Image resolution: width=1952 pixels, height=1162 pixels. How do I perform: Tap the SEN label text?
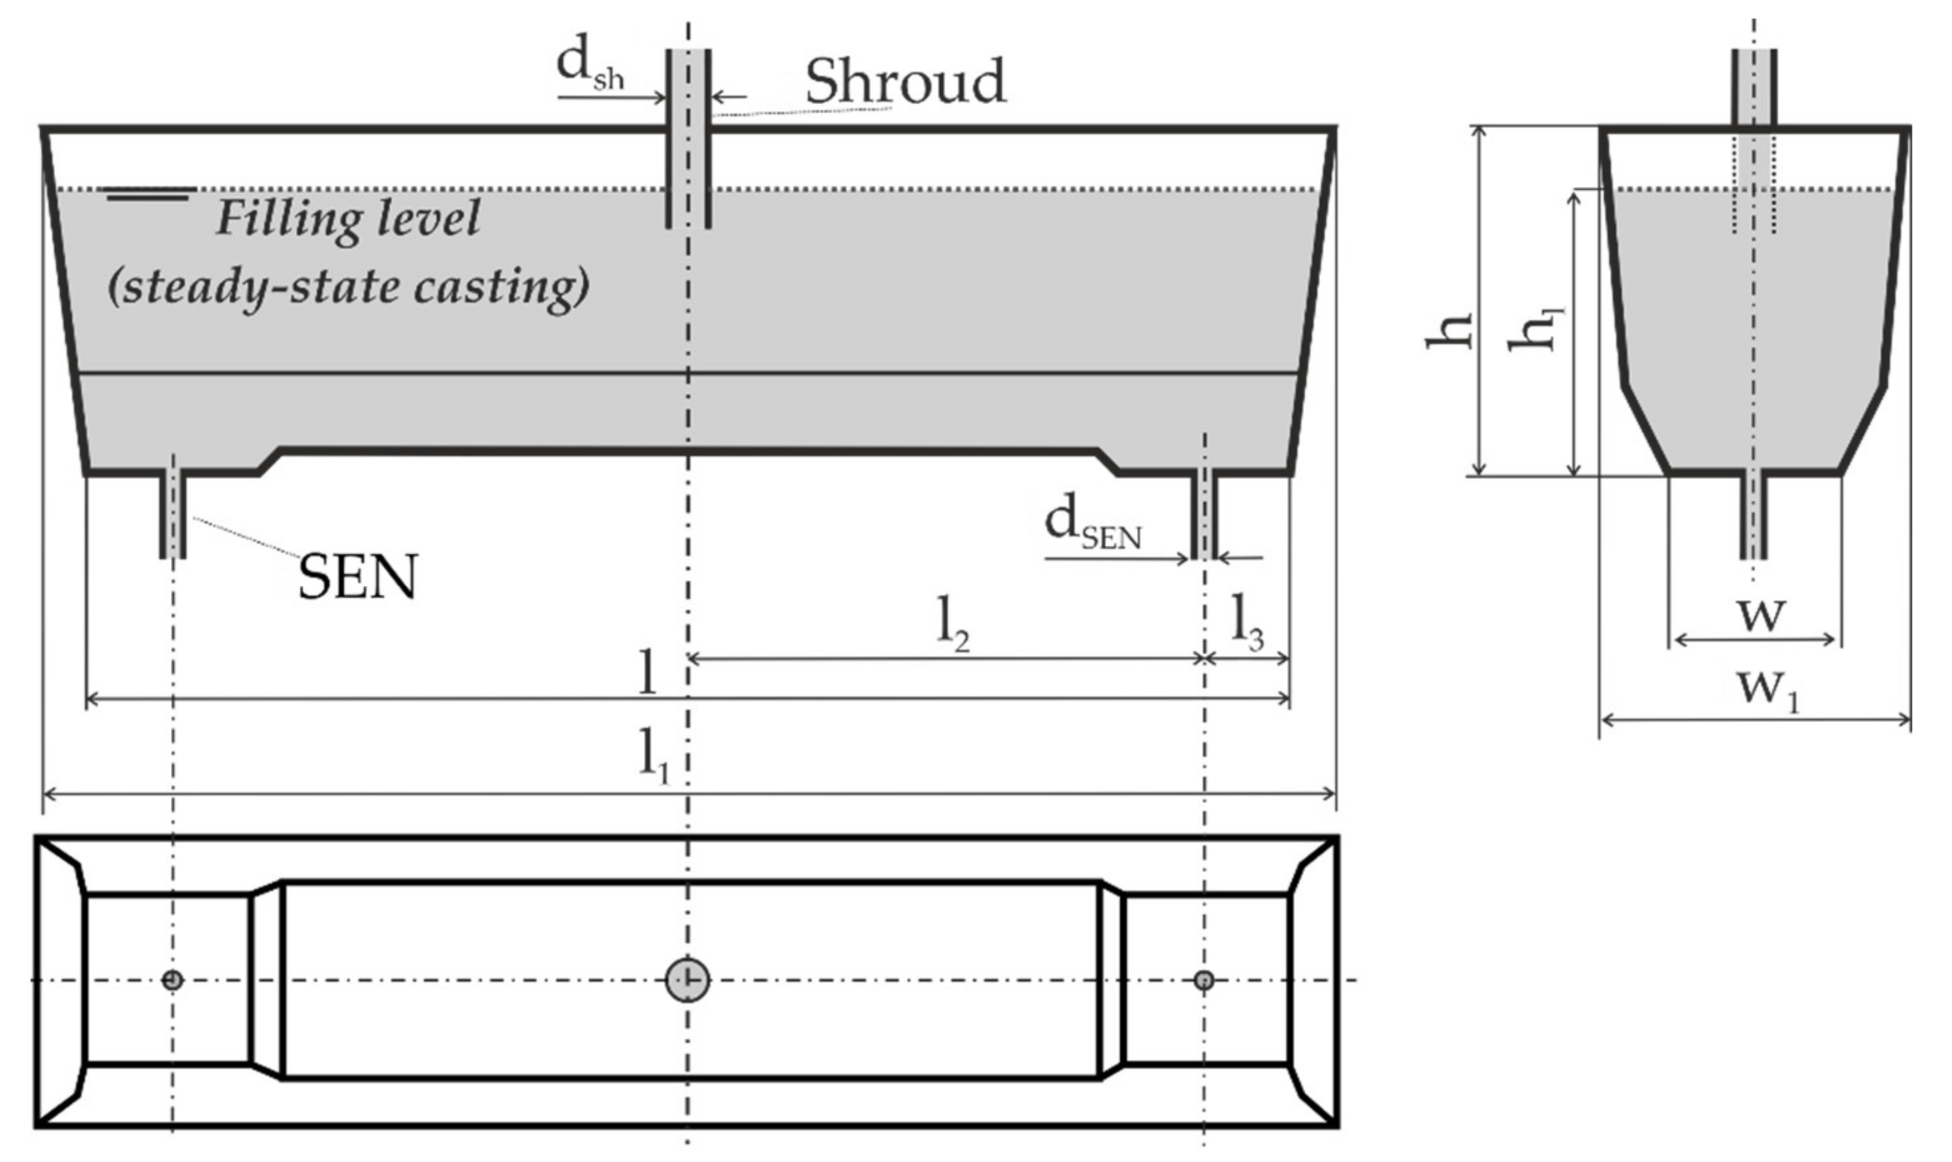click(x=358, y=578)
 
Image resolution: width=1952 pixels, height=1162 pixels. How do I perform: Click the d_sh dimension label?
click(x=589, y=66)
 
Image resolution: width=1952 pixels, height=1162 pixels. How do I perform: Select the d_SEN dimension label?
click(x=1092, y=525)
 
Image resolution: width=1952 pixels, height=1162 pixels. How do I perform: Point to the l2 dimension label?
click(x=952, y=627)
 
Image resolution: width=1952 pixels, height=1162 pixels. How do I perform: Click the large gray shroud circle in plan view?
click(x=688, y=979)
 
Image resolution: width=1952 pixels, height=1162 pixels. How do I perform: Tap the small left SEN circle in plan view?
click(x=172, y=979)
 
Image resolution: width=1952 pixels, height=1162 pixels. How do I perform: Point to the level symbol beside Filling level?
click(x=148, y=193)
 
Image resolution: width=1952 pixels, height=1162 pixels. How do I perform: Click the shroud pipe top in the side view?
click(x=1754, y=86)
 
